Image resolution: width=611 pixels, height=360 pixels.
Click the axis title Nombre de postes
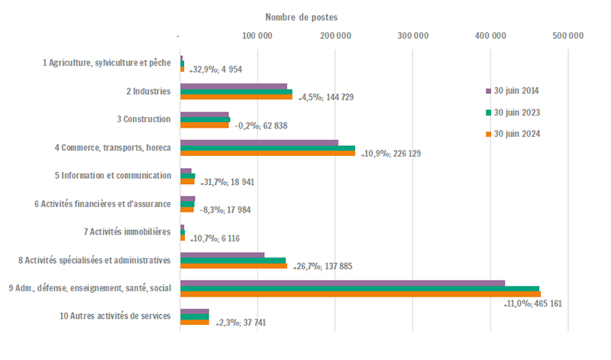click(x=301, y=17)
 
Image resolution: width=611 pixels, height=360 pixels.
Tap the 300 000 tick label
click(x=413, y=35)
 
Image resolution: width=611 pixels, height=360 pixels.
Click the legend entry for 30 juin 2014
click(x=517, y=90)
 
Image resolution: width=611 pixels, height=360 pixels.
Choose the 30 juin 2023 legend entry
click(x=517, y=112)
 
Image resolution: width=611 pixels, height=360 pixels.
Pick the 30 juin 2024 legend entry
click(x=517, y=135)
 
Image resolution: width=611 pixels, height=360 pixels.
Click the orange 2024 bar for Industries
click(x=236, y=97)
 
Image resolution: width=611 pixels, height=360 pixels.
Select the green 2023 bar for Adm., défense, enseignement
click(x=359, y=288)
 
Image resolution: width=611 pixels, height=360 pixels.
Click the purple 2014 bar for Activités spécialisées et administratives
click(x=222, y=255)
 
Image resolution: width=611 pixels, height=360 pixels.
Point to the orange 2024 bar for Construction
click(x=204, y=125)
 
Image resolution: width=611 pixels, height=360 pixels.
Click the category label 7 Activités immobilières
click(x=128, y=232)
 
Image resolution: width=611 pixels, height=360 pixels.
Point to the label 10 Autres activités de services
click(x=115, y=316)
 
